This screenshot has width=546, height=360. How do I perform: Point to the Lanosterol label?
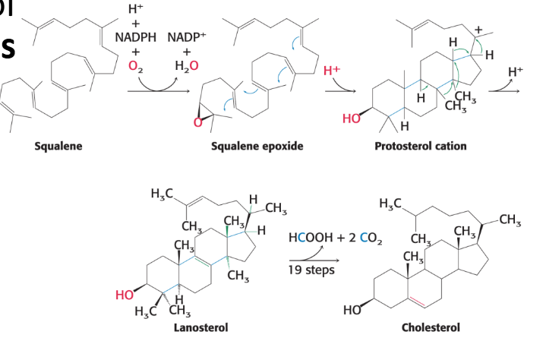pos(200,327)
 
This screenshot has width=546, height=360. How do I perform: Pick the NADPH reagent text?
pos(134,37)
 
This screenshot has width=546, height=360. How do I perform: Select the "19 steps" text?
pos(311,269)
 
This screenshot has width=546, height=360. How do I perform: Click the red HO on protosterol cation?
pos(352,119)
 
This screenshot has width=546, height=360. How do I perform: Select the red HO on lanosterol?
pos(126,294)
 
